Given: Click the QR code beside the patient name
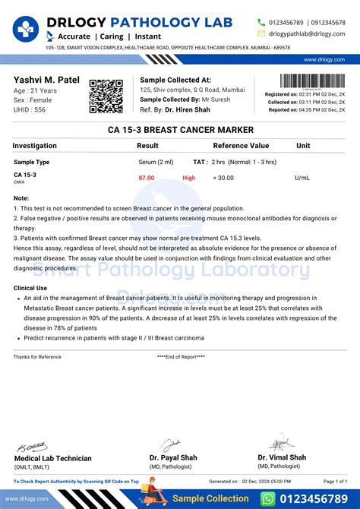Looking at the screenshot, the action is (x=107, y=96).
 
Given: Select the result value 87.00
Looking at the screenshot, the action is (x=146, y=178).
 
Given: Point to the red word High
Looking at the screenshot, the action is (x=188, y=178).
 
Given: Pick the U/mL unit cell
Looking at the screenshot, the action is (x=302, y=178).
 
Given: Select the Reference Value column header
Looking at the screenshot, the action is (x=241, y=145).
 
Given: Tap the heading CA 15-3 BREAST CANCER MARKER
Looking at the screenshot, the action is (x=180, y=130).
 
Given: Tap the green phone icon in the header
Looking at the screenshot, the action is (x=262, y=22).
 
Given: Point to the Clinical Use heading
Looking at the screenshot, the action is (x=30, y=288).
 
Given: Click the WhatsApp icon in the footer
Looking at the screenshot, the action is (x=267, y=498).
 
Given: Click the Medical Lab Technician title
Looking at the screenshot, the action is (x=53, y=458).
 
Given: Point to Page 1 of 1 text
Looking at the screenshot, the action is (x=335, y=481).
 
